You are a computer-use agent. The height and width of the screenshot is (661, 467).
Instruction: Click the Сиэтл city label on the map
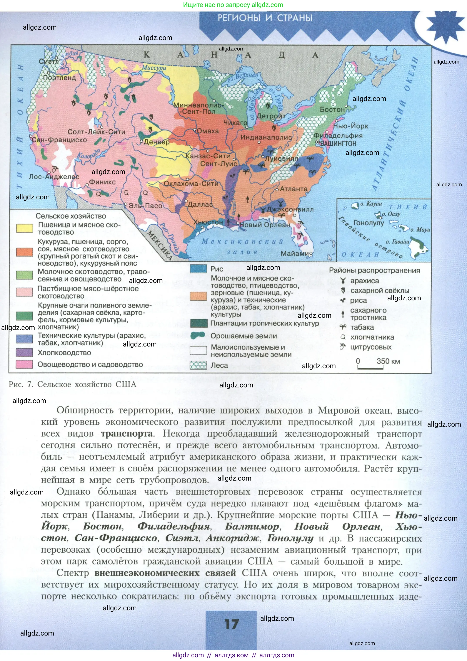point(49,61)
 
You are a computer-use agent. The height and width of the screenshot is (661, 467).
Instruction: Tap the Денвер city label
point(157,142)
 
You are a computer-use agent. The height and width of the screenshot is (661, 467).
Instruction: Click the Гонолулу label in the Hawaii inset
point(368,223)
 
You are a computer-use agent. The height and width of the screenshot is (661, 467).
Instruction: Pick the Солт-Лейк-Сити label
point(96,132)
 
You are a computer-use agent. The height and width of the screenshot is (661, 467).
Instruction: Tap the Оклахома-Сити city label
point(191,184)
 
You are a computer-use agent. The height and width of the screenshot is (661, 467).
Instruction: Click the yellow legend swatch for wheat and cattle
point(24,228)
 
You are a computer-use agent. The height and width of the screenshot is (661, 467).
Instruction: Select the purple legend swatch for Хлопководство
point(24,352)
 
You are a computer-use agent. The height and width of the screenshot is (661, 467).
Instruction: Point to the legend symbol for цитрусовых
point(342,347)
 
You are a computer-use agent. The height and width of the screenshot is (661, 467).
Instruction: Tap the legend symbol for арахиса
point(342,281)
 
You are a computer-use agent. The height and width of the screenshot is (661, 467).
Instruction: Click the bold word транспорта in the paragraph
point(127,433)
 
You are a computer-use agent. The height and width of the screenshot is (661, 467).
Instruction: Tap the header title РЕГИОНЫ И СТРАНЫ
point(265,18)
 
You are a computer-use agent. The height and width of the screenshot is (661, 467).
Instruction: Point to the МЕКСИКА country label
point(160,245)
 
